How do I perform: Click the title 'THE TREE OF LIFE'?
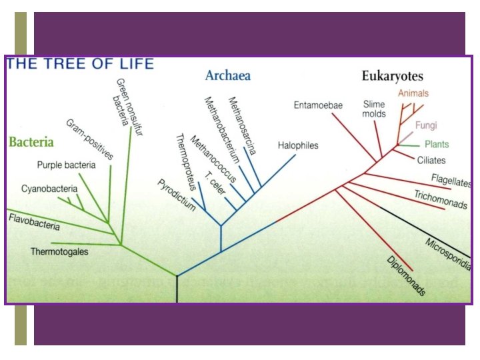[x=80, y=64]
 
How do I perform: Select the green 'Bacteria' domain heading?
[x=31, y=142]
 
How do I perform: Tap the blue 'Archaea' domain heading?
[x=228, y=75]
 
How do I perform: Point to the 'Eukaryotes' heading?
[x=392, y=76]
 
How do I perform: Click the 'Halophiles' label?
[x=298, y=145]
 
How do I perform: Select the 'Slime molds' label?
[x=374, y=109]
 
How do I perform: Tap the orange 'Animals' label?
[x=413, y=93]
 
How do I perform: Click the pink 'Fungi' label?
[x=426, y=125]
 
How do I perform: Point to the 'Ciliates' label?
[x=431, y=160]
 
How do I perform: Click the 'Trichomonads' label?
[x=441, y=199]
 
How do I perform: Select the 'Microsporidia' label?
[x=448, y=253]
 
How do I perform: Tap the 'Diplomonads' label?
[x=406, y=275]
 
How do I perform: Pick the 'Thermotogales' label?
[x=59, y=251]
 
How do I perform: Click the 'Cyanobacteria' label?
[x=45, y=189]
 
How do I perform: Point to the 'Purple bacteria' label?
[x=66, y=165]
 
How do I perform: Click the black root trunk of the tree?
[x=177, y=289]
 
